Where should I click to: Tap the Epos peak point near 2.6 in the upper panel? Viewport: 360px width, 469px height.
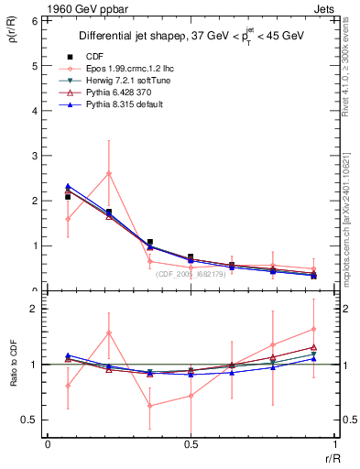click(x=109, y=173)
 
